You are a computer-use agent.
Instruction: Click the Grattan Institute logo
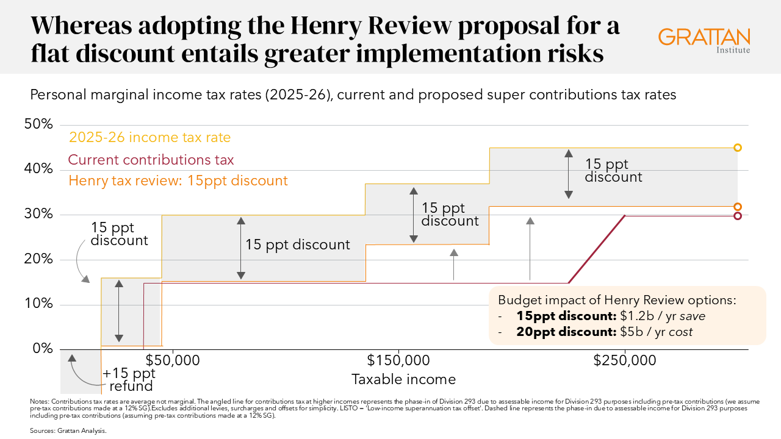coord(704,39)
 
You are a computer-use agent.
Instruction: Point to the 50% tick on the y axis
coord(39,124)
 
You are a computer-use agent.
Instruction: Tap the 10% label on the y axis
coord(39,304)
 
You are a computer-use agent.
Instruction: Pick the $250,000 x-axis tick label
coord(625,360)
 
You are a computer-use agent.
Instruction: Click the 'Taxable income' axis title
coord(403,379)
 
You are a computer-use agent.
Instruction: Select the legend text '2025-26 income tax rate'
coord(150,137)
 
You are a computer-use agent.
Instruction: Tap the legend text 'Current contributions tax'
coord(151,160)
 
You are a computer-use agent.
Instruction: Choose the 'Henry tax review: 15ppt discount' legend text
coord(178,180)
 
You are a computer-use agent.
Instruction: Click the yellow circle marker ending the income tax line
coord(738,148)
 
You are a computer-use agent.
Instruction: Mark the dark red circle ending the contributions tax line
coord(738,216)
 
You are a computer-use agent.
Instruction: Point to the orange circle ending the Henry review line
coord(738,207)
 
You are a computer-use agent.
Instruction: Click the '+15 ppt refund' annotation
coord(129,379)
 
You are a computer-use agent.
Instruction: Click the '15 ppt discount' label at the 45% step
coord(613,170)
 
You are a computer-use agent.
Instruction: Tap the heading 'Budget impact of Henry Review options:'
coord(617,300)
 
